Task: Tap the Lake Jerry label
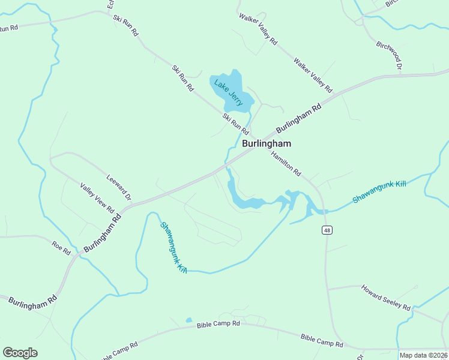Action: point(229,93)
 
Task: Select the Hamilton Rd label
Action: point(285,163)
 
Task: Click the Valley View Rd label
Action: point(97,198)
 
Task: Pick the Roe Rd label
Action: point(61,245)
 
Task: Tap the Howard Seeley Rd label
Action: point(385,298)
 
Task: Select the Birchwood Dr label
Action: point(389,55)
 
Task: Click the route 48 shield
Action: point(327,230)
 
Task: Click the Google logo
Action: point(20,353)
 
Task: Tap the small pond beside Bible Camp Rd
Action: point(188,320)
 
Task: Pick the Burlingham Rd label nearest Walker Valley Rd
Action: point(299,119)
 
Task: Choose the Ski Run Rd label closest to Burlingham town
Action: point(235,123)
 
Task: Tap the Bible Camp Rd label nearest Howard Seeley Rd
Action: point(322,341)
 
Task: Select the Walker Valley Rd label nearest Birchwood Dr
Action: point(312,74)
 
